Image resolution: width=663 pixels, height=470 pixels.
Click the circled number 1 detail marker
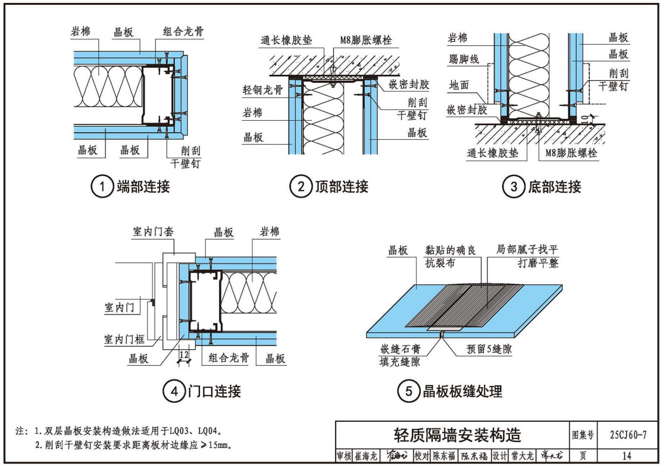102,187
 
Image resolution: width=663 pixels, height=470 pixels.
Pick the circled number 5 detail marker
409,391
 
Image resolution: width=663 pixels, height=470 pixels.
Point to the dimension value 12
184,355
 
